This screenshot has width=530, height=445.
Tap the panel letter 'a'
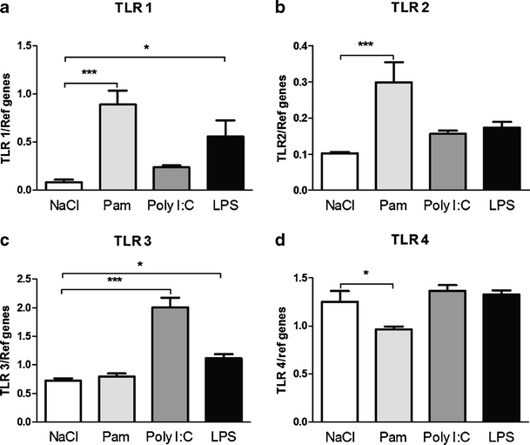(x=6, y=10)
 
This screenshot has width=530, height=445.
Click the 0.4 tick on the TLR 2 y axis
(x=319, y=45)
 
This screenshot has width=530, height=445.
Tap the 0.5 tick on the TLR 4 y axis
(x=318, y=374)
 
